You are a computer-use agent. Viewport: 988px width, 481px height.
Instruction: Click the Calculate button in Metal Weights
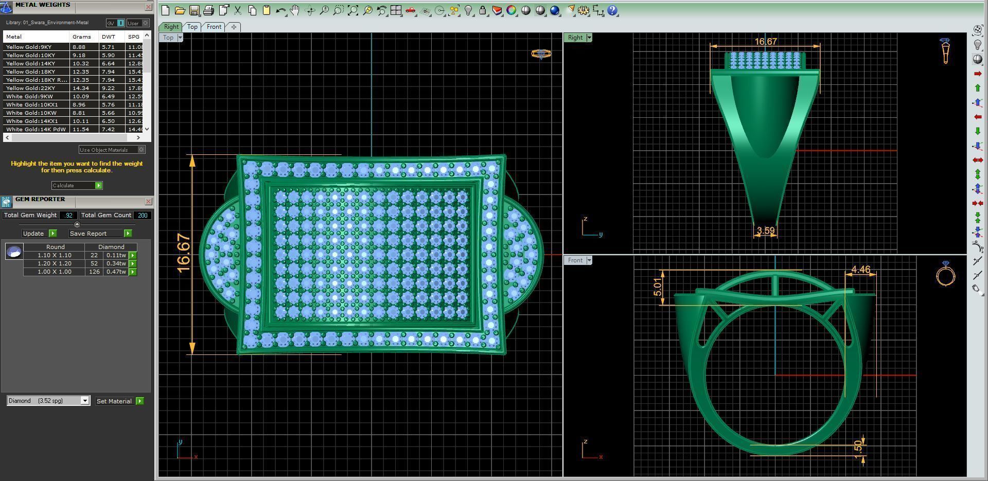click(77, 185)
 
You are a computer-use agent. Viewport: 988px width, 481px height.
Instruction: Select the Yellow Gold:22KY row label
click(31, 88)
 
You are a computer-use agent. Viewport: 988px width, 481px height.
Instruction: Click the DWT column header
click(109, 37)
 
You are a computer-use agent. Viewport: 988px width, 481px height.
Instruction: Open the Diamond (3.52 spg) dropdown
click(85, 401)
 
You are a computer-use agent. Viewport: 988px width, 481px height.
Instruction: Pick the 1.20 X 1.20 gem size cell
click(54, 263)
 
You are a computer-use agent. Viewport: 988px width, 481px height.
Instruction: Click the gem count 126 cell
click(94, 272)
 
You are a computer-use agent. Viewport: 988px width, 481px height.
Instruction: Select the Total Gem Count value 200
click(143, 216)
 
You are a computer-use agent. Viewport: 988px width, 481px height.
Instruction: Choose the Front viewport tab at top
click(214, 27)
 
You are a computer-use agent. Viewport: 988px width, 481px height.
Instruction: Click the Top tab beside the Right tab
click(192, 27)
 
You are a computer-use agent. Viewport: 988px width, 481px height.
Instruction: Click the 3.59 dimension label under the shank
click(766, 231)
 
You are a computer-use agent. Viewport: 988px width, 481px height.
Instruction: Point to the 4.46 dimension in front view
click(860, 270)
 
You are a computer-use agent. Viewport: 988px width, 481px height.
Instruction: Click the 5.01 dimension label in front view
click(657, 287)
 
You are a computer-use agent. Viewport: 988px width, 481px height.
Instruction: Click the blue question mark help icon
click(612, 10)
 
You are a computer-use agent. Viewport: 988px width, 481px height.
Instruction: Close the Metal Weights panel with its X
click(148, 7)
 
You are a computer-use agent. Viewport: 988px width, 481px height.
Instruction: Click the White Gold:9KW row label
click(30, 96)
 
